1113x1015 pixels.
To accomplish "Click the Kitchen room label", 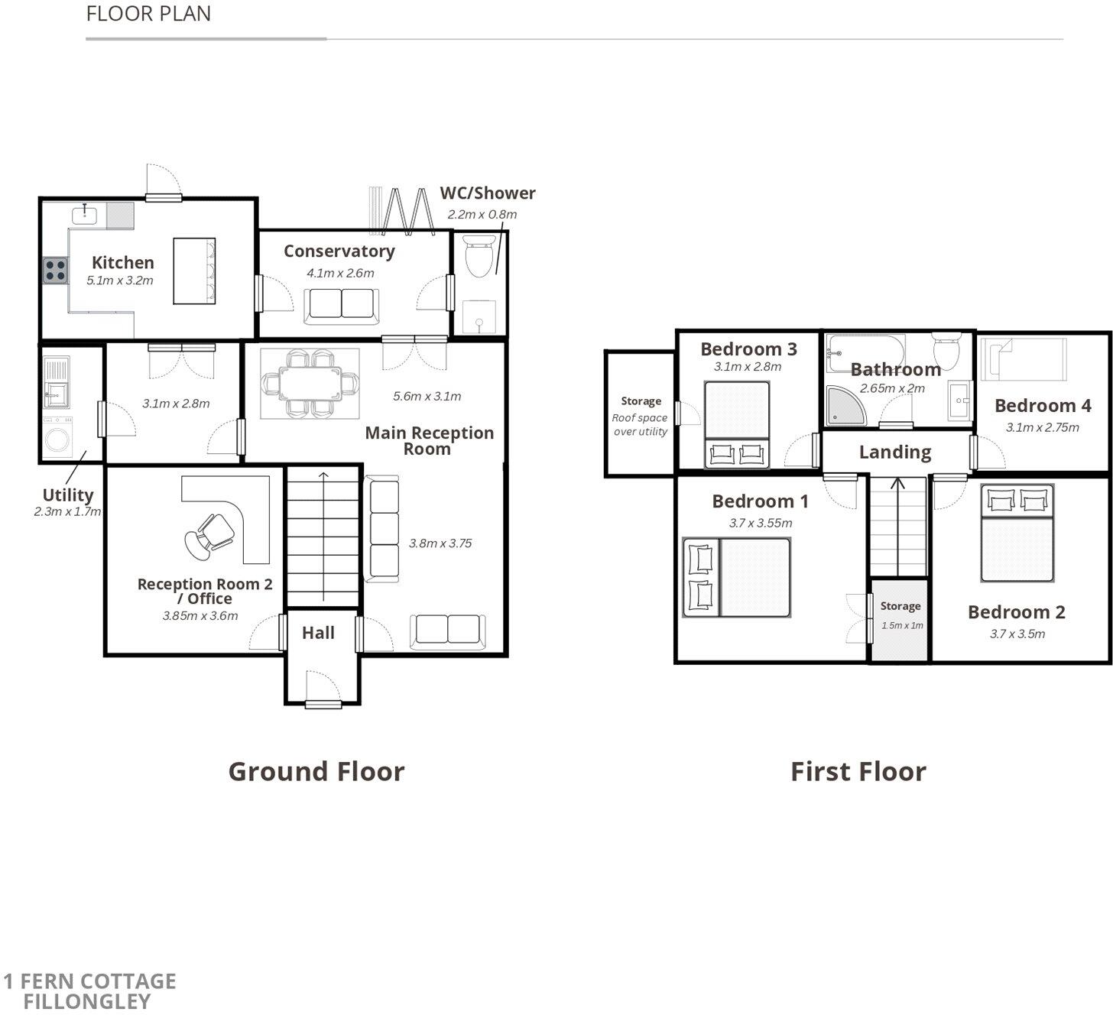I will pyautogui.click(x=122, y=262).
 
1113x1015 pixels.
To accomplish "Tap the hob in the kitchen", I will pyautogui.click(x=55, y=271).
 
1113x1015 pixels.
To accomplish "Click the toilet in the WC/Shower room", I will pyautogui.click(x=479, y=257).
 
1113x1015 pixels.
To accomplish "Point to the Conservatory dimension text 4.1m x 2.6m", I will pyautogui.click(x=340, y=273).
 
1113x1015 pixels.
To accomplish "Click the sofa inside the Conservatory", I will pyautogui.click(x=341, y=306).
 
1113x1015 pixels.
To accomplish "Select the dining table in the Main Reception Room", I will pyautogui.click(x=310, y=383).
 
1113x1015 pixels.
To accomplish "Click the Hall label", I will pyautogui.click(x=318, y=633).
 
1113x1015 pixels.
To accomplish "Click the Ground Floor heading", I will pyautogui.click(x=316, y=771).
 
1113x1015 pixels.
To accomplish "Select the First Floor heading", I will pyautogui.click(x=858, y=771).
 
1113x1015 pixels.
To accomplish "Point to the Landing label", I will pyautogui.click(x=894, y=452).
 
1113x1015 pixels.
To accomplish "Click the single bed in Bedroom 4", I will pyautogui.click(x=1024, y=359).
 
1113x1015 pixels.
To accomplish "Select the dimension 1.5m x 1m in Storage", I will pyautogui.click(x=902, y=625).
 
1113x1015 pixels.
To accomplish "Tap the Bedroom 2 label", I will pyautogui.click(x=1016, y=611).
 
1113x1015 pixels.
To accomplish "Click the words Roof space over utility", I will pyautogui.click(x=640, y=425).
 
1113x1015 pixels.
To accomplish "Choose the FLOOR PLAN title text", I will pyautogui.click(x=148, y=14).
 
